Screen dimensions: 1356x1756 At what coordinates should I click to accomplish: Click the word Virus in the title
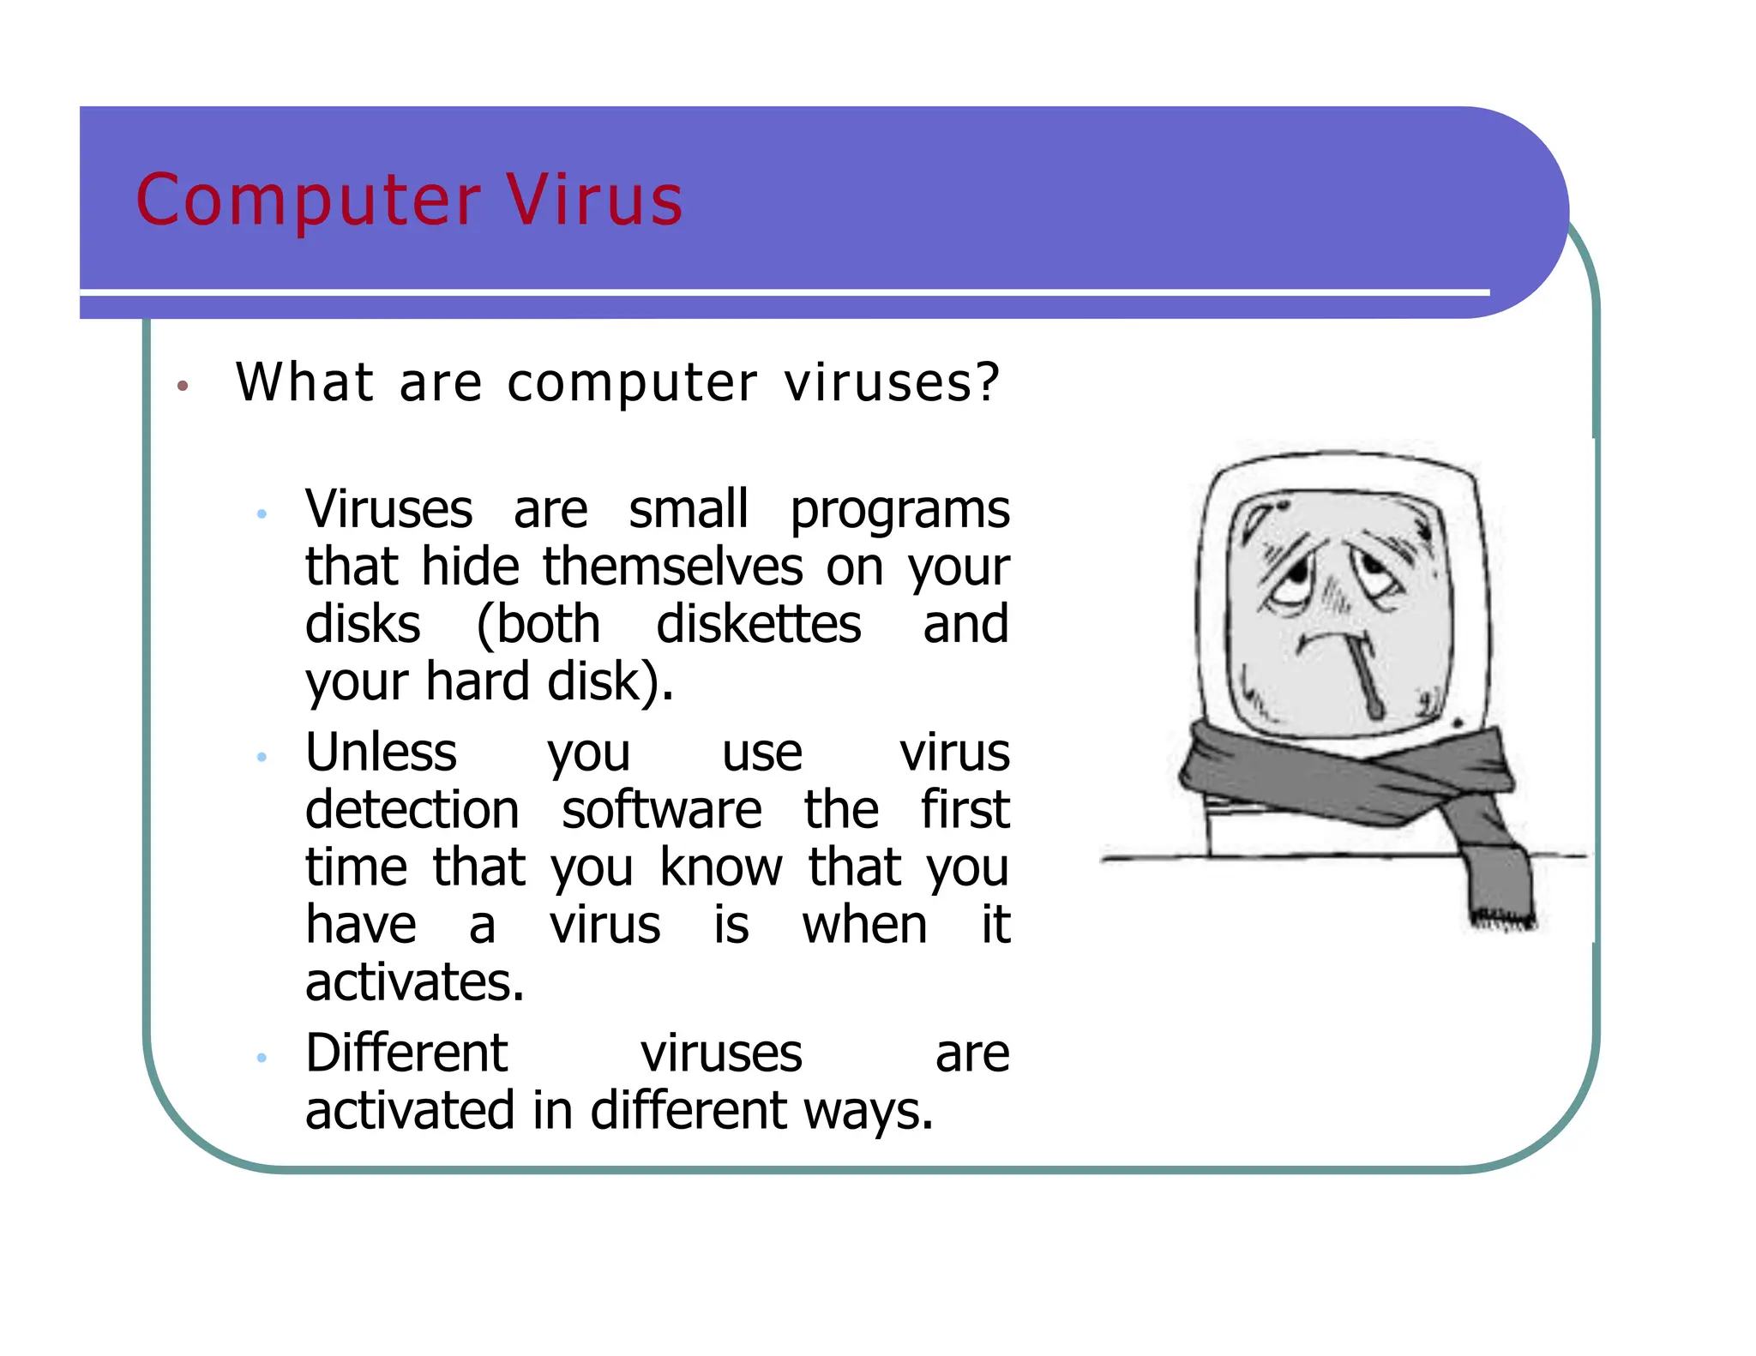[x=594, y=200]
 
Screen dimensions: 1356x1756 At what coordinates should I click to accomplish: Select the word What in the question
[x=304, y=381]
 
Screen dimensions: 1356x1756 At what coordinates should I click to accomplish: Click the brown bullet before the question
[x=182, y=386]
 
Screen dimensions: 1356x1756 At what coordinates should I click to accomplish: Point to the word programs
[x=899, y=510]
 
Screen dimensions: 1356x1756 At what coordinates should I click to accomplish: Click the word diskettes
[x=758, y=624]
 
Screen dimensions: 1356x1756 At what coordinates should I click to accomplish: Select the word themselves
[x=673, y=567]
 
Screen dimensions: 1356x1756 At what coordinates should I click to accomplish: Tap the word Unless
[x=381, y=753]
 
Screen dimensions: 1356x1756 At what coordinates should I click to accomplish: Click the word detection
[x=412, y=810]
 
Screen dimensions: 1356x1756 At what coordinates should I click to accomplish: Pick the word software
[x=661, y=810]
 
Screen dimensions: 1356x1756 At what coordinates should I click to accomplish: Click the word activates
[x=414, y=982]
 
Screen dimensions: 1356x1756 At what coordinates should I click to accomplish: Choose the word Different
[x=406, y=1053]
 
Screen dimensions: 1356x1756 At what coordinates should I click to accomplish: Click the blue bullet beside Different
[x=262, y=1058]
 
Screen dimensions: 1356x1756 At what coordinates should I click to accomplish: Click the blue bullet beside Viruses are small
[x=262, y=514]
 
